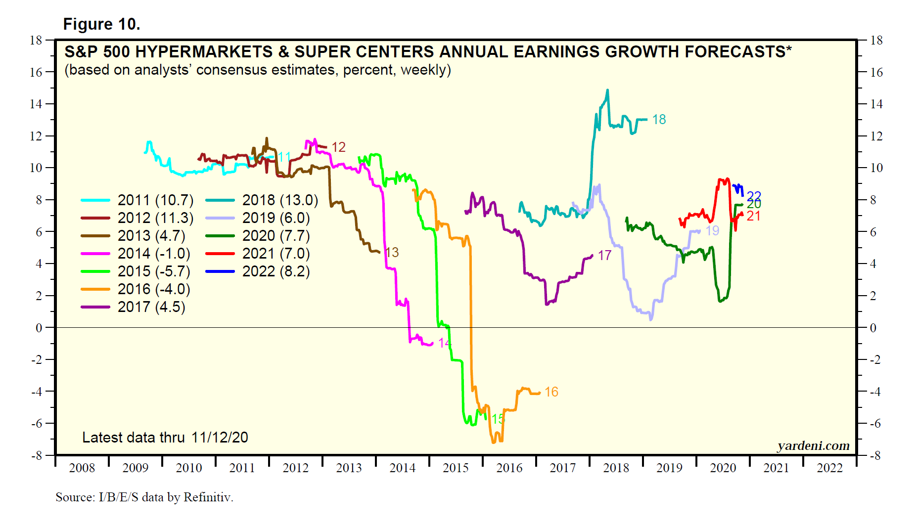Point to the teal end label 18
coord(659,120)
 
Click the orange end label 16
coord(551,392)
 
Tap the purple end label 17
coord(604,256)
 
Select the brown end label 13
coord(392,253)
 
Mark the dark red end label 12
coord(338,147)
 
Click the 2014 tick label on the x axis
coord(402,468)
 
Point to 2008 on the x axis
coord(82,468)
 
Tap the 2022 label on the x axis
coord(829,468)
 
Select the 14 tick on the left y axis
coord(36,104)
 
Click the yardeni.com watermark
coord(813,446)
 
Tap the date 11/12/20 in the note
coord(220,438)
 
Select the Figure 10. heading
coord(101,24)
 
